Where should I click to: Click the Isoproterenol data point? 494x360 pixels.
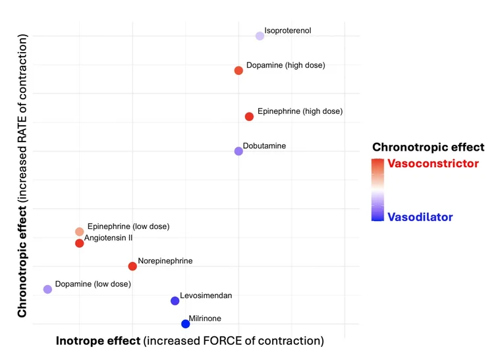(x=260, y=36)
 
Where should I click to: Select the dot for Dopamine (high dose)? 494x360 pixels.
(x=238, y=70)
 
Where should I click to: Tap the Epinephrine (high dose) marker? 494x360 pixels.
(x=249, y=116)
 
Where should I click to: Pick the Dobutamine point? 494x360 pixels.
(x=238, y=151)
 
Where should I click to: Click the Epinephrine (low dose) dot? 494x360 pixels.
(x=80, y=232)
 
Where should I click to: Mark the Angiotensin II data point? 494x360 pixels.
(x=80, y=244)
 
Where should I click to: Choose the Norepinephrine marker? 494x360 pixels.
(x=132, y=267)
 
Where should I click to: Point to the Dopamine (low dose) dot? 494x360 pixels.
(x=47, y=290)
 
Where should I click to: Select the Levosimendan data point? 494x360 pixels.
(x=175, y=301)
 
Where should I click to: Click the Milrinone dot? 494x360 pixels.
(x=186, y=324)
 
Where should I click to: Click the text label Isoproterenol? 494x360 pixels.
(x=287, y=31)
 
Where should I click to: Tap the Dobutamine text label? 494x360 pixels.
(x=264, y=146)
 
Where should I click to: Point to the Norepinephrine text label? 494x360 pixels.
(x=165, y=261)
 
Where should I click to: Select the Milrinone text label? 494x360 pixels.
(x=205, y=319)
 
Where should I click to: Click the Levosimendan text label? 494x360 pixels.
(x=206, y=296)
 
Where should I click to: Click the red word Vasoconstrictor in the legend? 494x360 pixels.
(x=433, y=164)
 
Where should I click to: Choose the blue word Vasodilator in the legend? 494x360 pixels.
(x=420, y=217)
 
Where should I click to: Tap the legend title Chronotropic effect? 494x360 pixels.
(x=428, y=147)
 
